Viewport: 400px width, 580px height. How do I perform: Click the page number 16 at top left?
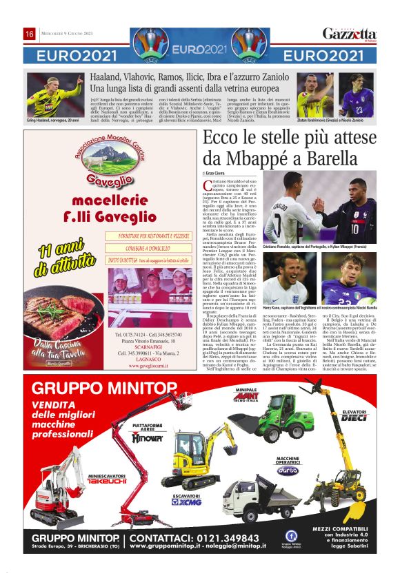pos(30,34)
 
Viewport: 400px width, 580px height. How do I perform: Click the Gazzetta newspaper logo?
pos(350,34)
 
